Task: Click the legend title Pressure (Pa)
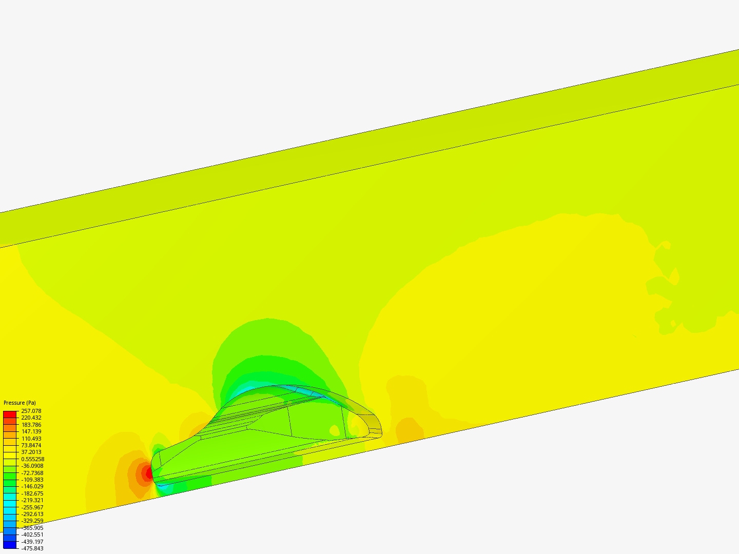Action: [20, 403]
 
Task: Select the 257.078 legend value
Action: [31, 411]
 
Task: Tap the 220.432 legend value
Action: [31, 418]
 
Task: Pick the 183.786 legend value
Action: [31, 425]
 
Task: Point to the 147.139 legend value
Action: [31, 431]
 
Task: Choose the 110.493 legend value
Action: [31, 438]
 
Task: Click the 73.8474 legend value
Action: [31, 445]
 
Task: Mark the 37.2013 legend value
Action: [31, 452]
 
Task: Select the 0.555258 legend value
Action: [33, 459]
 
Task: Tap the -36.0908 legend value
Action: [32, 466]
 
